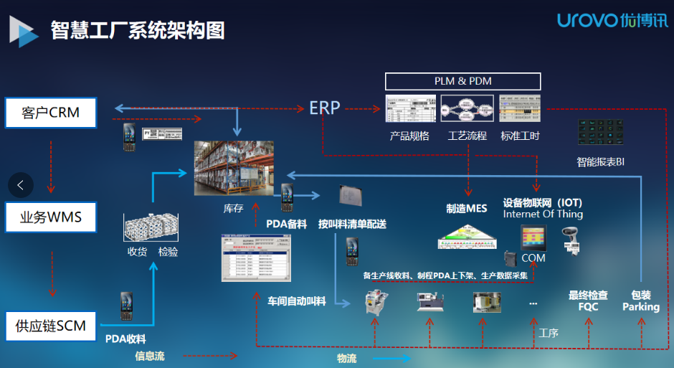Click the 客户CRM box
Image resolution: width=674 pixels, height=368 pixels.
(x=50, y=113)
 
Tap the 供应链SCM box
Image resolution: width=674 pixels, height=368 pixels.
(x=50, y=326)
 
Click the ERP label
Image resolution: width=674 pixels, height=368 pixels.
(x=324, y=108)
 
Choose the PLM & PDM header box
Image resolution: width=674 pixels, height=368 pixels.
(x=462, y=81)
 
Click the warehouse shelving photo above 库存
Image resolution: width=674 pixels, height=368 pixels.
(x=234, y=168)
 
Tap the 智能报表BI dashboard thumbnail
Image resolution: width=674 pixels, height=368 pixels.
(x=601, y=133)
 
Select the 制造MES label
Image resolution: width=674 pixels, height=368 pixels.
(x=467, y=209)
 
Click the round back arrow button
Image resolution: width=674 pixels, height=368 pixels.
(x=21, y=185)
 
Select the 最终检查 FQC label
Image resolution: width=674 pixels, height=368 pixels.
(x=588, y=301)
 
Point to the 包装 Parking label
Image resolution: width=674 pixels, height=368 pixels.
(x=640, y=301)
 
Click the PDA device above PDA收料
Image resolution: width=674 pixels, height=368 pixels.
(x=127, y=306)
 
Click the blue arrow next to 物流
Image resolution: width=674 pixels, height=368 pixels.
(x=387, y=358)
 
